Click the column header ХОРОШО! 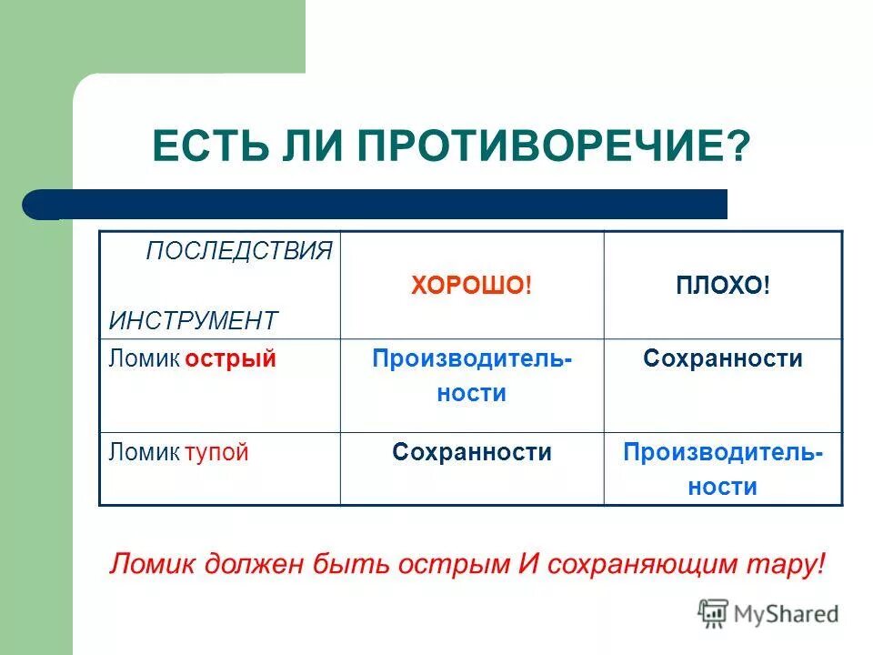click(470, 286)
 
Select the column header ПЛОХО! click(722, 286)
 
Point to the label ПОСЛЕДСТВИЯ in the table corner click(239, 252)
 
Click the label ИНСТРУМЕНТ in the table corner click(193, 320)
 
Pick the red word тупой click(216, 452)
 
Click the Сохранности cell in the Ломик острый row click(722, 359)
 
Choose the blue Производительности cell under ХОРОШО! click(471, 376)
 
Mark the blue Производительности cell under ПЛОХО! click(722, 469)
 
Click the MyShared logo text click(787, 614)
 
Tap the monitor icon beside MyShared click(713, 614)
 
